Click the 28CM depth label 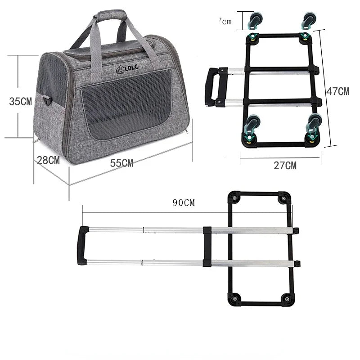coord(48,160)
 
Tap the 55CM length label coord(121,163)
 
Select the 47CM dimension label coord(337,91)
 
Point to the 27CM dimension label coord(285,165)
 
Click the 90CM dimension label coord(184,202)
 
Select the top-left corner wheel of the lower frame coord(234,198)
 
